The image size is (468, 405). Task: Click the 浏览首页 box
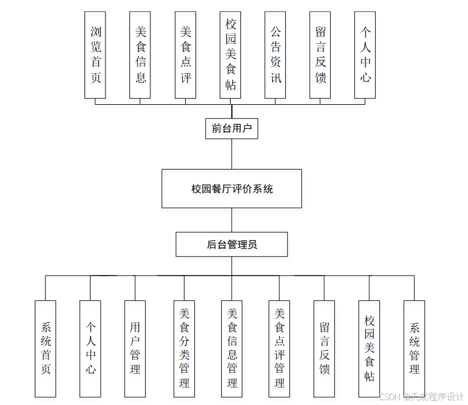[x=95, y=55]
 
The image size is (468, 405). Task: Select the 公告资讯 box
[x=275, y=55]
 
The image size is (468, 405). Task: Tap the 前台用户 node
[x=232, y=128]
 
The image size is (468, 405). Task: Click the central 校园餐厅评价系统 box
[x=232, y=189]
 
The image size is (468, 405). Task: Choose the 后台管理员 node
[x=232, y=244]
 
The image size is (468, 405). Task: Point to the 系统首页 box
[x=46, y=348]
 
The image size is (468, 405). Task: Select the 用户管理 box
[x=135, y=348]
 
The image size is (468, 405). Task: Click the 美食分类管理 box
[x=185, y=348]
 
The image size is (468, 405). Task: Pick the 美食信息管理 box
[x=232, y=348]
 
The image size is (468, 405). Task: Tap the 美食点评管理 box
[x=279, y=348]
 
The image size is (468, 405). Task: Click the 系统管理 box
[x=414, y=348]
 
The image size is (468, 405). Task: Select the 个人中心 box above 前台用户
[x=365, y=55]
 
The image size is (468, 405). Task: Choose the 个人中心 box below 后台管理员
[x=90, y=348]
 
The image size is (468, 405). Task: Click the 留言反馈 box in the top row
[x=320, y=55]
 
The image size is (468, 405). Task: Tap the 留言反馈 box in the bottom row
[x=324, y=348]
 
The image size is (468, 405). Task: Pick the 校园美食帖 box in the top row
[x=231, y=55]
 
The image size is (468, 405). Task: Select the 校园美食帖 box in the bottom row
[x=369, y=348]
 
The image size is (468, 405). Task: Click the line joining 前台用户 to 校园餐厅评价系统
[x=232, y=154]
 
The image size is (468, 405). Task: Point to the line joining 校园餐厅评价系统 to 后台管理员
[x=232, y=220]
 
